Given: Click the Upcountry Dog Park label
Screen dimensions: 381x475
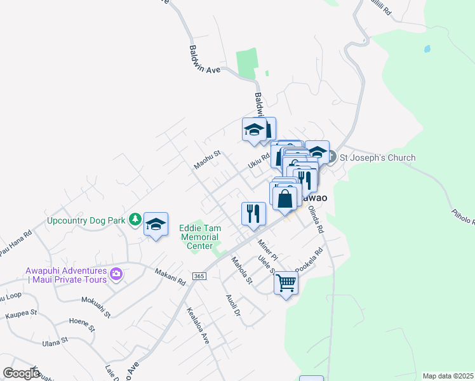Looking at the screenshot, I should click(x=85, y=222).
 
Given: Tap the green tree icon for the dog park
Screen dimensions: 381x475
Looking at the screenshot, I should click(x=135, y=220).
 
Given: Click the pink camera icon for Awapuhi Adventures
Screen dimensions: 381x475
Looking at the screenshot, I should click(x=116, y=274).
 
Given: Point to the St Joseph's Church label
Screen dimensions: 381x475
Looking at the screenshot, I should click(x=377, y=157).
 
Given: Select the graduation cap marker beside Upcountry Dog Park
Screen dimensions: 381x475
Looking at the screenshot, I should click(x=156, y=224).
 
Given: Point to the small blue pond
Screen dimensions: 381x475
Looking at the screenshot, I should click(x=427, y=48).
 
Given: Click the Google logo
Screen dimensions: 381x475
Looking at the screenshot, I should click(x=22, y=373).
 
